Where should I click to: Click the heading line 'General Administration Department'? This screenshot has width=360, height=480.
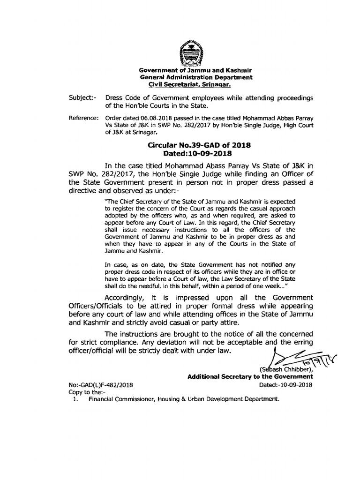coord(196,77)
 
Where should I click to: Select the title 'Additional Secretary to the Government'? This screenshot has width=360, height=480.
coord(250,376)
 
